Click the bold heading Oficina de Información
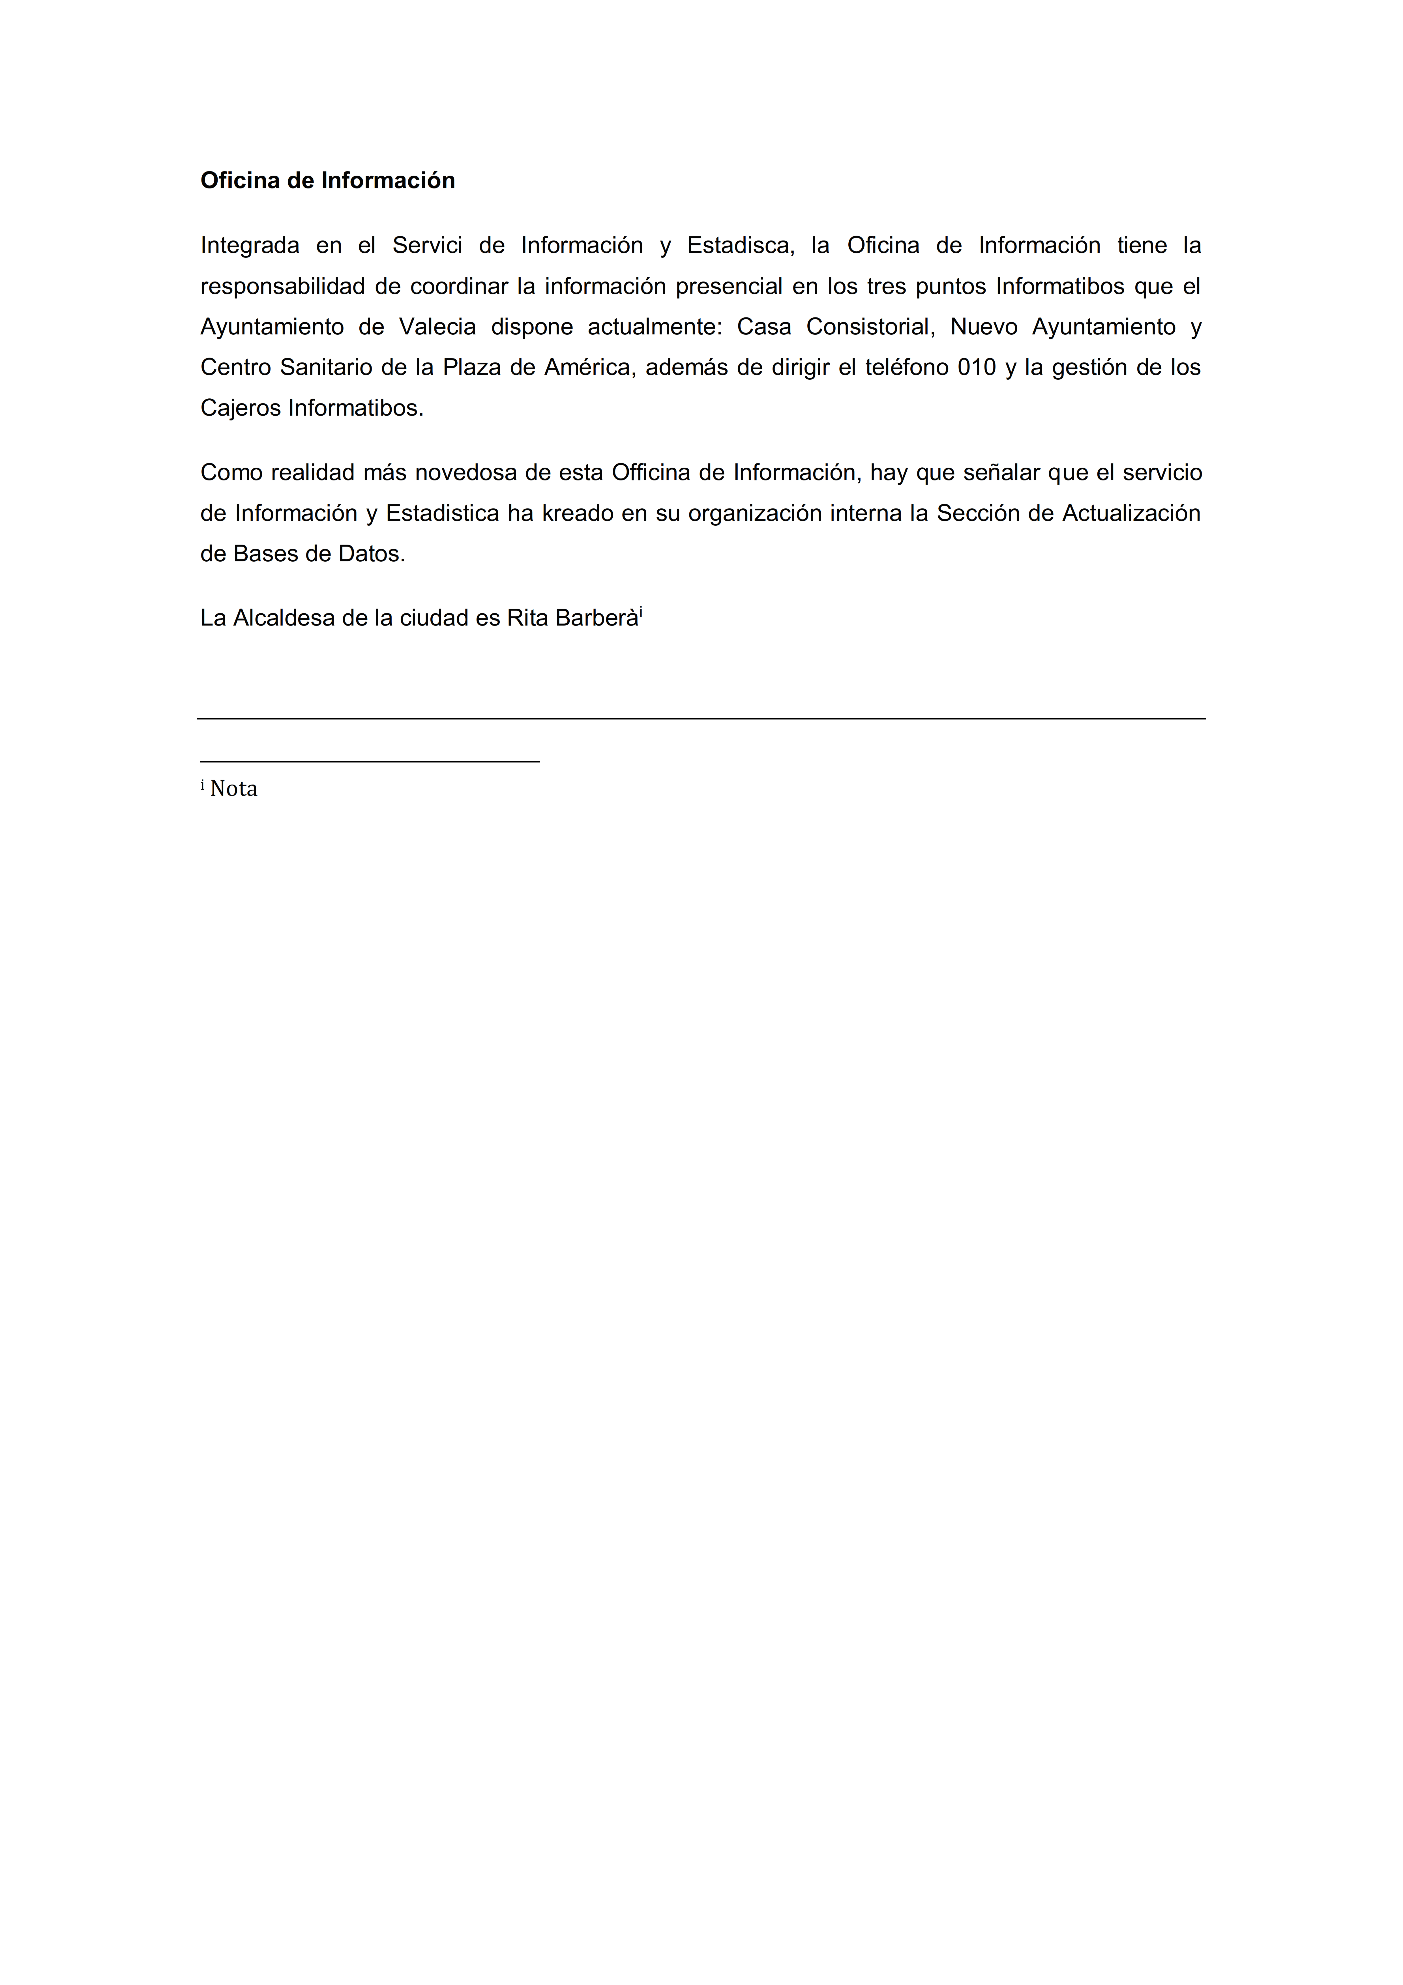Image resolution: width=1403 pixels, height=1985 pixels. click(328, 181)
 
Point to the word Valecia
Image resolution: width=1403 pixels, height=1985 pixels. click(437, 327)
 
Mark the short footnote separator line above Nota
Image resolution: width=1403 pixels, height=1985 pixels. click(370, 761)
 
